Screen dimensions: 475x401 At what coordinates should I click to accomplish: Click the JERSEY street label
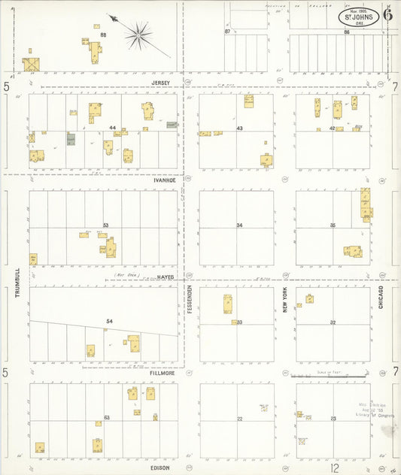click(x=161, y=83)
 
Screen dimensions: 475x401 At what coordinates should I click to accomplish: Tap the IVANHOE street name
click(x=164, y=180)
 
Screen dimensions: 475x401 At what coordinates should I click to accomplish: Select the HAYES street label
click(x=167, y=277)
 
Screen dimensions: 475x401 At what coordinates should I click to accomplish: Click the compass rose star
click(x=138, y=32)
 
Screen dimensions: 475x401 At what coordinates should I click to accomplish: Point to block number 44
click(x=112, y=128)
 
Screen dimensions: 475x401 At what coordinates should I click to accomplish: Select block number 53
click(x=106, y=225)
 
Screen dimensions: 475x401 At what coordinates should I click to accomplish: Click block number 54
click(x=109, y=322)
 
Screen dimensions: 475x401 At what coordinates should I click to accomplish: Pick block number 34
click(x=239, y=225)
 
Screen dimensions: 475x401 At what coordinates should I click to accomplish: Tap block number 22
click(x=239, y=419)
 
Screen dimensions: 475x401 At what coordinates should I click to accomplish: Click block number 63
click(x=107, y=417)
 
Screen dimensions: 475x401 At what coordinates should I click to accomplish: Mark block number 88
click(x=103, y=35)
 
